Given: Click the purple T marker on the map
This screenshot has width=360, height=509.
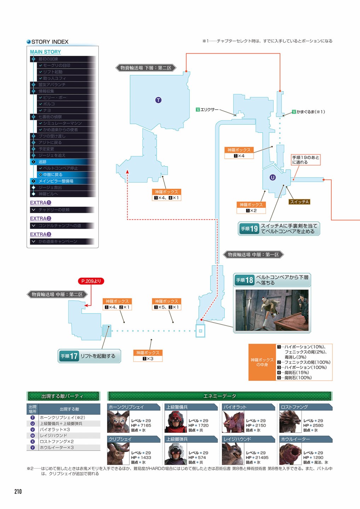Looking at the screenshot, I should tap(158, 100).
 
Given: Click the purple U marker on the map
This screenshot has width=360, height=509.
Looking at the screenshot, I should tap(272, 177).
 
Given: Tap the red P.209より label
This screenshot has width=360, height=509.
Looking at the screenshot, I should tap(91, 281).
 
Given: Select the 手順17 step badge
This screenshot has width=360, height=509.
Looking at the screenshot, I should tap(69, 356).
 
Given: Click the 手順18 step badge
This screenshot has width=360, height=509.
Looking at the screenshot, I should tap(245, 280).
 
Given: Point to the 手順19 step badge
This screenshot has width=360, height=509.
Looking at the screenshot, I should tap(249, 229).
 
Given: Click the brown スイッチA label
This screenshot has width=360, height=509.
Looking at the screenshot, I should tap(299, 202).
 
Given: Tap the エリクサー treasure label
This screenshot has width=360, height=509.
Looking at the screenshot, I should tap(207, 110).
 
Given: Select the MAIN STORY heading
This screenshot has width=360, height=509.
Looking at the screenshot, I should tap(45, 52).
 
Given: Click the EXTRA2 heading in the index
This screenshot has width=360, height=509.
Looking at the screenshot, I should tap(40, 218).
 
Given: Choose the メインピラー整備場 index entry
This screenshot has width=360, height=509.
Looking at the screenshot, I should tap(56, 181).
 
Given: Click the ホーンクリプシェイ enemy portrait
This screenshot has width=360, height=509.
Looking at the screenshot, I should tap(118, 422).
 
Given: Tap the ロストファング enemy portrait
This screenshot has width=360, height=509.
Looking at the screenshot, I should tap(290, 422).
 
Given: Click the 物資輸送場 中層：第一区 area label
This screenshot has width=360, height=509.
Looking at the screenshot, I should tap(253, 255).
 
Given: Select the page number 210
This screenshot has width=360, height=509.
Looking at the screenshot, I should tap(18, 491).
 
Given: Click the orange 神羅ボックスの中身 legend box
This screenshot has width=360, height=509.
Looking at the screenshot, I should tap(262, 362).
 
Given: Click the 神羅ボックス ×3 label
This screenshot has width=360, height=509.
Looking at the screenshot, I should tap(148, 356).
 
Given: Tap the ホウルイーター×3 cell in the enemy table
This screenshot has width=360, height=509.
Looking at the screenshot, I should tap(57, 447).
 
